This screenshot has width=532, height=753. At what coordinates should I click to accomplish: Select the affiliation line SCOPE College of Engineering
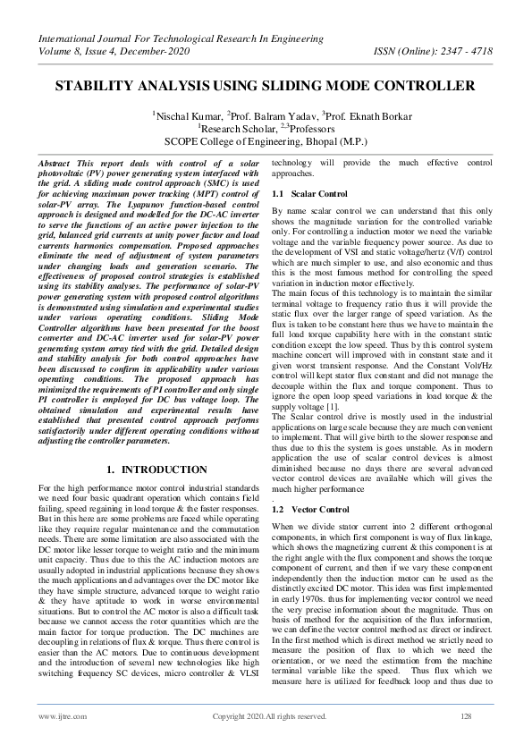(x=265, y=141)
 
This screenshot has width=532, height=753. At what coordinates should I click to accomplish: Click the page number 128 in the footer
(x=465, y=716)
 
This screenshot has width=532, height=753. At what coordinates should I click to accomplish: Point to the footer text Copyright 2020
(x=268, y=716)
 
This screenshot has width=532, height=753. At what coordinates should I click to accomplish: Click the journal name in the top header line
(x=179, y=38)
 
